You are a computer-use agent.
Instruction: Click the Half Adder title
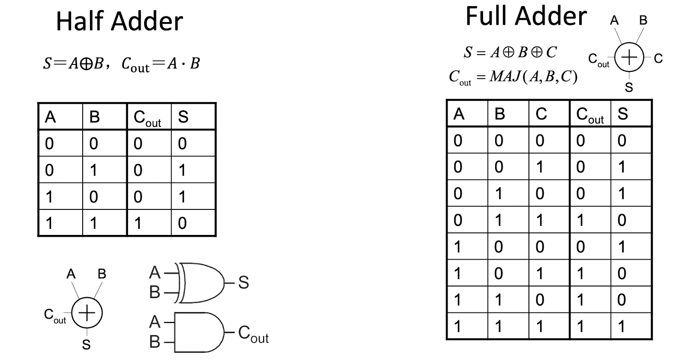pyautogui.click(x=119, y=21)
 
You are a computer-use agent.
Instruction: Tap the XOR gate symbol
pyautogui.click(x=200, y=283)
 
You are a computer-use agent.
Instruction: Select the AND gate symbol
pyautogui.click(x=199, y=332)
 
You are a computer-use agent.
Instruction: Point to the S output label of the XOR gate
pyautogui.click(x=243, y=283)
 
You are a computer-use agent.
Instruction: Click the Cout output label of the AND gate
pyautogui.click(x=253, y=334)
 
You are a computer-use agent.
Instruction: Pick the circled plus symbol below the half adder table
pyautogui.click(x=87, y=313)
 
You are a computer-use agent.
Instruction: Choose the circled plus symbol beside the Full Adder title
pyautogui.click(x=629, y=58)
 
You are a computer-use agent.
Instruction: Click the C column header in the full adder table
pyautogui.click(x=541, y=114)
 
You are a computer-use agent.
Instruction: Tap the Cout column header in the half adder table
pyautogui.click(x=147, y=119)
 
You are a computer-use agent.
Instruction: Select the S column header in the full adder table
pyautogui.click(x=623, y=114)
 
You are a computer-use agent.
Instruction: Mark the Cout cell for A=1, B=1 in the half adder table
pyautogui.click(x=138, y=223)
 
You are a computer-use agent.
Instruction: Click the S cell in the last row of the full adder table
pyautogui.click(x=622, y=326)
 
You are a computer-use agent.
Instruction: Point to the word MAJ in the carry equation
pyautogui.click(x=505, y=76)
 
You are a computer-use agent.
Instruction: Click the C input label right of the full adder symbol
pyautogui.click(x=658, y=58)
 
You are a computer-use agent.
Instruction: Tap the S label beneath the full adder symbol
pyautogui.click(x=629, y=87)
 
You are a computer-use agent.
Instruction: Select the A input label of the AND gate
pyautogui.click(x=155, y=322)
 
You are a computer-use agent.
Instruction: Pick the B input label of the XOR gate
pyautogui.click(x=155, y=292)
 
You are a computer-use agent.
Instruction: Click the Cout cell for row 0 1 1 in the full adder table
pyautogui.click(x=580, y=220)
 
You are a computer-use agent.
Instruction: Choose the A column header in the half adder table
pyautogui.click(x=50, y=117)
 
